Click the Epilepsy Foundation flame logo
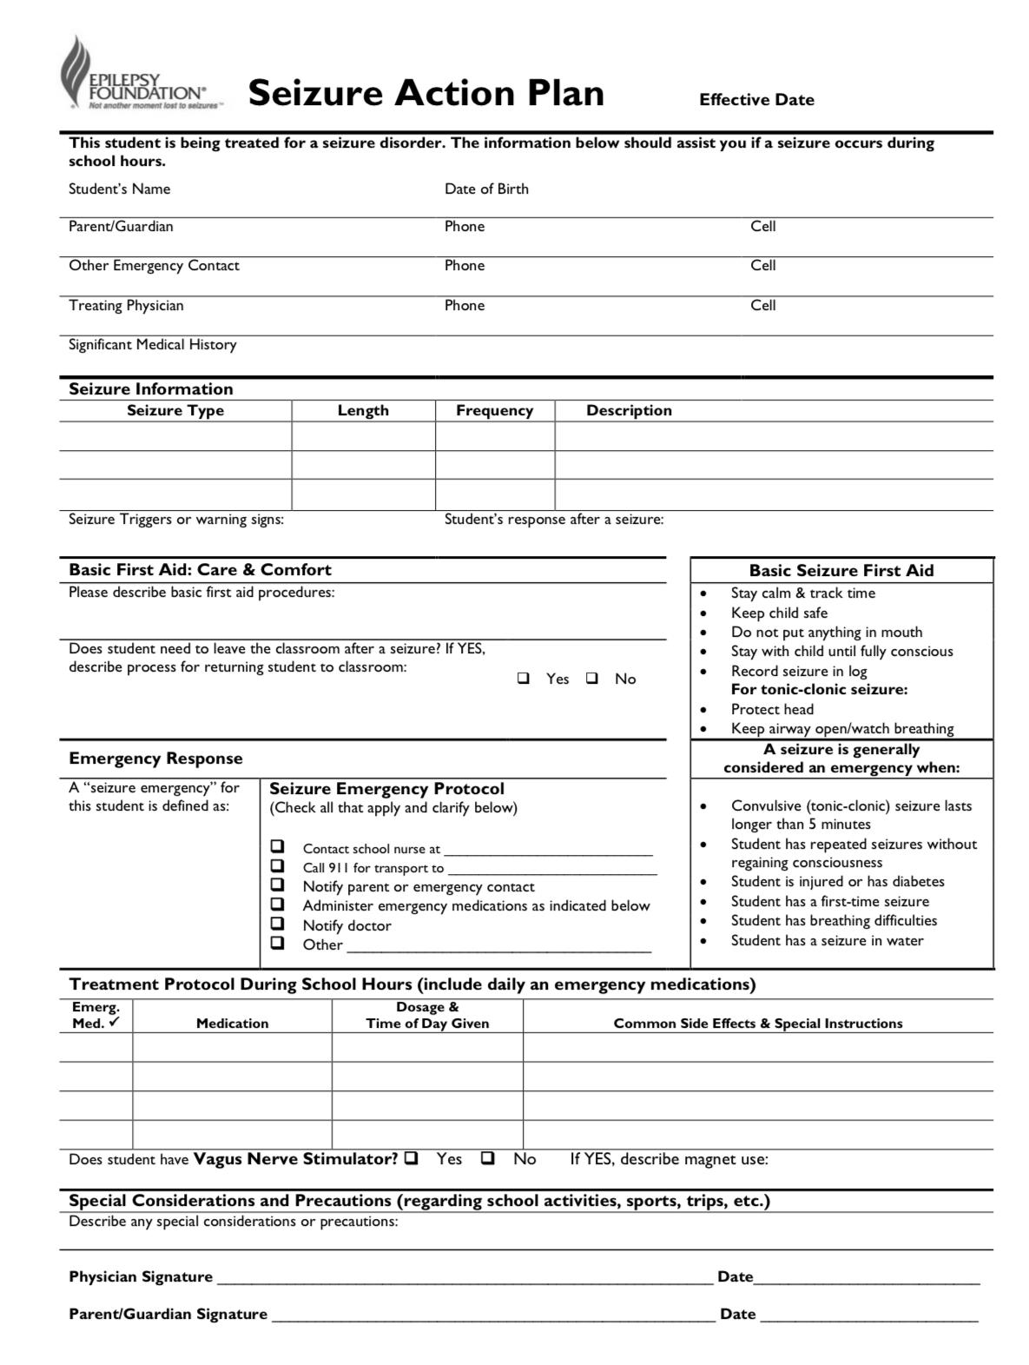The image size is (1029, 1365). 76,70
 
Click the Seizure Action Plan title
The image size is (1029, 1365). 425,93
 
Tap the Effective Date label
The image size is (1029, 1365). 756,100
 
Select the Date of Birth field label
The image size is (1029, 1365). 486,189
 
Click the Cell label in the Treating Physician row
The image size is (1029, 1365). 762,306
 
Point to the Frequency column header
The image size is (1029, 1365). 494,411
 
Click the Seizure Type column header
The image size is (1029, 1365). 175,411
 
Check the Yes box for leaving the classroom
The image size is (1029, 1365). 524,679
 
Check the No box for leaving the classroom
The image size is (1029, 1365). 592,679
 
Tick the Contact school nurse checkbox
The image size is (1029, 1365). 277,846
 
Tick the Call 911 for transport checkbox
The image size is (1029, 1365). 277,865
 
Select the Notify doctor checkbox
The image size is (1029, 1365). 277,924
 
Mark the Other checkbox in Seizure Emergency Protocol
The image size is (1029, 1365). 277,943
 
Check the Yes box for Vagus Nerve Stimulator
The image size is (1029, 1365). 412,1158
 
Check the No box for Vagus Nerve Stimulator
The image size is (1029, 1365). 488,1158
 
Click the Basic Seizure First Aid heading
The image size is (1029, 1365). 841,571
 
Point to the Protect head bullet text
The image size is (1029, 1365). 772,709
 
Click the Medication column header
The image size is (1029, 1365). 232,1024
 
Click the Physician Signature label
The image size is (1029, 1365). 141,1277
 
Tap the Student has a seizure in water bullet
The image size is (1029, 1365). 827,941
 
